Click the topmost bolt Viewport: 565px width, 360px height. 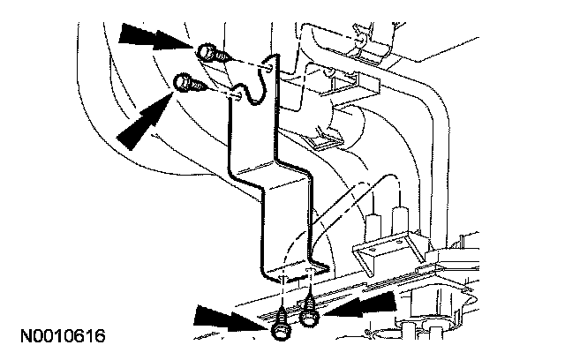(x=208, y=52)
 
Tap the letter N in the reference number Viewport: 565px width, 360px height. (x=20, y=336)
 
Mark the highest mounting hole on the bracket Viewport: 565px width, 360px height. (x=267, y=65)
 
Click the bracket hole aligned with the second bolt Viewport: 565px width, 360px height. (x=236, y=93)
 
